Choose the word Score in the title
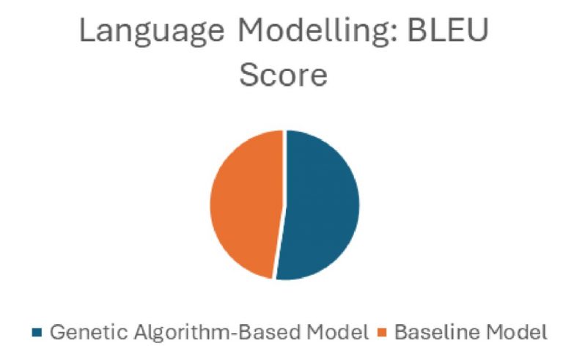pos(283,75)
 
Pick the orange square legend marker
pos(383,334)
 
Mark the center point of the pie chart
pos(284,205)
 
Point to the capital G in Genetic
pos(56,334)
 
